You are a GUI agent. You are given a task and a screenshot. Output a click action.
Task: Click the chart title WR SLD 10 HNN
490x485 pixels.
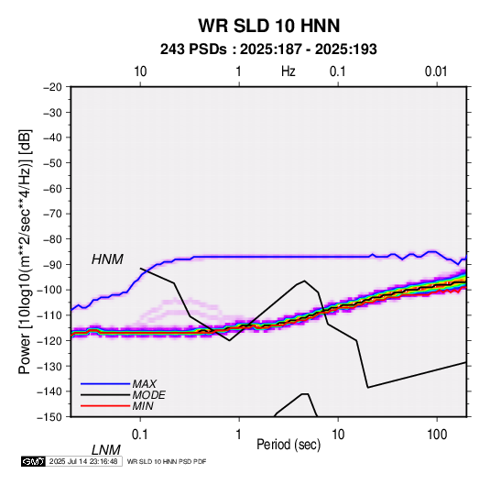(269, 26)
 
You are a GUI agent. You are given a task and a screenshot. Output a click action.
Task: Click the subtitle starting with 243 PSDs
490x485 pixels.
(268, 50)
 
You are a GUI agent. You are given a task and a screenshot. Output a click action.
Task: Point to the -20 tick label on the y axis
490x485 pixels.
(52, 87)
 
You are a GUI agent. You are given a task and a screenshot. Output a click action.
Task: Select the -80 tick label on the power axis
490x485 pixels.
(52, 239)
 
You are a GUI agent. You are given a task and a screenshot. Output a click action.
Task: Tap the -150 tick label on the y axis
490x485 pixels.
(49, 417)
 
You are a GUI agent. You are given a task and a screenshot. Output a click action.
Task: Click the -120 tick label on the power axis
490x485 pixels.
(49, 340)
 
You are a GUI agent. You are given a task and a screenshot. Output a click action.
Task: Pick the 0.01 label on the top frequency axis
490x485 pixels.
(436, 72)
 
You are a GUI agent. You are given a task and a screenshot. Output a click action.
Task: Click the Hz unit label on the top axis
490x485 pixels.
(289, 72)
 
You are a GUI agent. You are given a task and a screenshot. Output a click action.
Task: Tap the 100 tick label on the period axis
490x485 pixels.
(437, 435)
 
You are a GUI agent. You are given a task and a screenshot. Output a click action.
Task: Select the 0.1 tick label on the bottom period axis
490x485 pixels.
(140, 435)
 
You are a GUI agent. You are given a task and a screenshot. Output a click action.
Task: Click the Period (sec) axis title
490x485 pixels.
(289, 445)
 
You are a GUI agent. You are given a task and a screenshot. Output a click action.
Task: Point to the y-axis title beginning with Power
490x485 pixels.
(25, 251)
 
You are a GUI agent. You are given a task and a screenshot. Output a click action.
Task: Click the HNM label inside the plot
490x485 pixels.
(107, 259)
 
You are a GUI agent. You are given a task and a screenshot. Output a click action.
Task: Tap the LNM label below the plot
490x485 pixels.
(106, 450)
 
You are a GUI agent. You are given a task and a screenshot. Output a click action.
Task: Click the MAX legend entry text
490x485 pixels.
(145, 383)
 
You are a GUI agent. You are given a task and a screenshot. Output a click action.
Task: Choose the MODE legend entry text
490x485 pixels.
(148, 395)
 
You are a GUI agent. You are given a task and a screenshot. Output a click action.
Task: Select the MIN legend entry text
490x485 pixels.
(143, 406)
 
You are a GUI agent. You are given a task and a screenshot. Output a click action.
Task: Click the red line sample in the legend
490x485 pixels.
(105, 406)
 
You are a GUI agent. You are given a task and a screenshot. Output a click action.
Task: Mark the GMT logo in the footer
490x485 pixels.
(33, 461)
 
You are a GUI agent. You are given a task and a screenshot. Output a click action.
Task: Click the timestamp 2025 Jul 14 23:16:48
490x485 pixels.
(83, 461)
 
